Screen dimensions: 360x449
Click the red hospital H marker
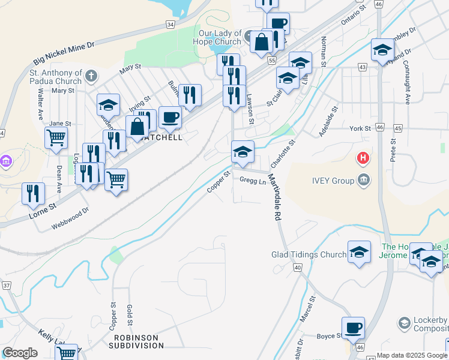pyautogui.click(x=363, y=158)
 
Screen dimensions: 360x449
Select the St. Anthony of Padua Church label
pyautogui.click(x=55, y=77)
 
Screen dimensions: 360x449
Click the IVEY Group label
pyautogui.click(x=331, y=180)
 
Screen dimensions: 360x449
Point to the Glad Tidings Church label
pyautogui.click(x=309, y=254)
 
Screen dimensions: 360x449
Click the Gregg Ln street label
pyautogui.click(x=253, y=181)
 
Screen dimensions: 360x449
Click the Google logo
pyautogui.click(x=20, y=353)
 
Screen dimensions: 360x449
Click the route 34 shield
pyautogui.click(x=171, y=25)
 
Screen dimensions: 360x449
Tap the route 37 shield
pyautogui.click(x=6, y=286)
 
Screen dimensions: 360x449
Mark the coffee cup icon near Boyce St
pyautogui.click(x=353, y=328)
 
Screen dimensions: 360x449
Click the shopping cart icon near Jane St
pyautogui.click(x=56, y=137)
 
